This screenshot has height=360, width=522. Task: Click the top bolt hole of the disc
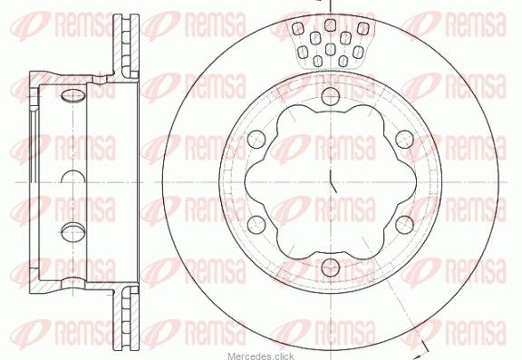click(x=331, y=96)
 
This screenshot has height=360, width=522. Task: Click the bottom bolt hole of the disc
click(x=331, y=268)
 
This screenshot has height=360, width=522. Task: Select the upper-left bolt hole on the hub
click(x=256, y=139)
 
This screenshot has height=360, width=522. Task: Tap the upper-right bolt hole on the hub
click(x=404, y=139)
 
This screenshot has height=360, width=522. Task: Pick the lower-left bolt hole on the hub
click(x=256, y=225)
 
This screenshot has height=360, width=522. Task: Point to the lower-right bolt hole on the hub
click(x=404, y=225)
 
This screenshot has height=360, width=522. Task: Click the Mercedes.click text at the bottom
click(x=261, y=356)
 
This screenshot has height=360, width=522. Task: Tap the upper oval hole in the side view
click(x=72, y=95)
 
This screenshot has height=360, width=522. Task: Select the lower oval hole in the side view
click(x=72, y=231)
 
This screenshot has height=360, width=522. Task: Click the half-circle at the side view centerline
click(x=72, y=176)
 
